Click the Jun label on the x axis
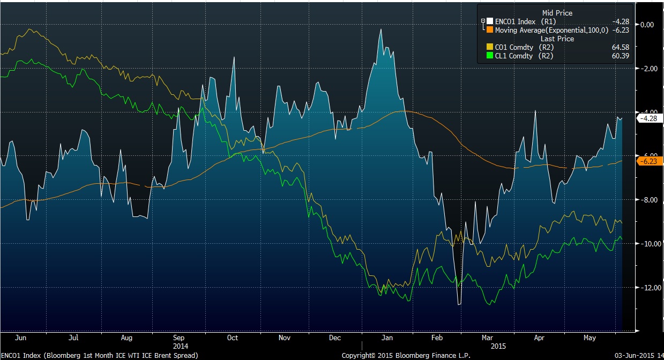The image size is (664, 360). [21, 338]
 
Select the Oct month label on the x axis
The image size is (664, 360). [232, 338]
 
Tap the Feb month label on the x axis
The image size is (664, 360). [437, 338]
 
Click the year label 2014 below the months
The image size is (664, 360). [180, 346]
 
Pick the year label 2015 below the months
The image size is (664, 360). [499, 346]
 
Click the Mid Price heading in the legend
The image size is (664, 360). [557, 13]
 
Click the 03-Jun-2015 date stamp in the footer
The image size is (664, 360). [636, 355]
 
